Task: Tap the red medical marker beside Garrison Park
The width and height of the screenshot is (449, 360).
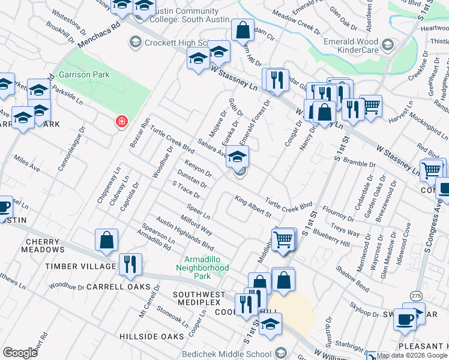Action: (x=122, y=122)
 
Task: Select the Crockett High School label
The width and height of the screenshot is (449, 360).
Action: (x=170, y=42)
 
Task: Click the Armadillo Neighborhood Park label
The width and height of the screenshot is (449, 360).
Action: (x=202, y=268)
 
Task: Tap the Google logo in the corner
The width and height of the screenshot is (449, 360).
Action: (x=20, y=353)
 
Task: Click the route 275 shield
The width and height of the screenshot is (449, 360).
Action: (x=416, y=296)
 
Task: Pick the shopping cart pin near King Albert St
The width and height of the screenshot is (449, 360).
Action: (x=283, y=239)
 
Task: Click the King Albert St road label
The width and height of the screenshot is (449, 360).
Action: (x=253, y=206)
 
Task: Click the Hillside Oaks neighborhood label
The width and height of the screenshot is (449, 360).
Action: (x=151, y=337)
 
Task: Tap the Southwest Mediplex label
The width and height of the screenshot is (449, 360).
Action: (x=199, y=295)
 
